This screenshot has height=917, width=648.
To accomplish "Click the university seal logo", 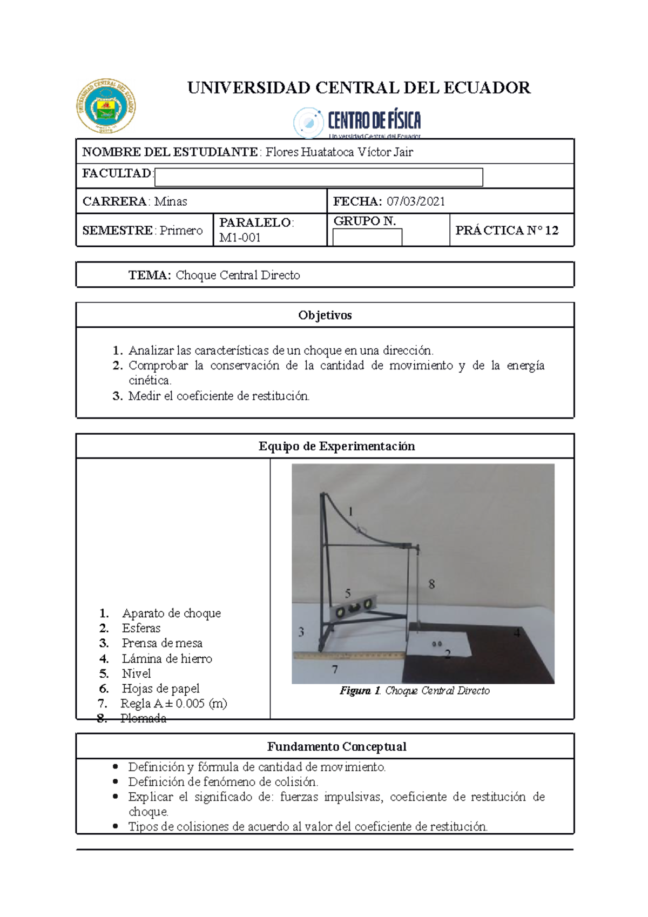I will coord(106,106).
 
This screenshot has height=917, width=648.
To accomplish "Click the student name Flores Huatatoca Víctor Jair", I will coord(339,152).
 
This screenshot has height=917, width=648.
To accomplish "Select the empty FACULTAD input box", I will coord(319,177).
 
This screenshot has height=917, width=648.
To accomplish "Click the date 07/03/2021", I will coord(416,201).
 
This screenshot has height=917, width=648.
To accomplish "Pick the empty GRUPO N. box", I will coord(367,237).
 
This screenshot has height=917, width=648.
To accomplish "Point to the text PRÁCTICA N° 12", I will coord(507,231).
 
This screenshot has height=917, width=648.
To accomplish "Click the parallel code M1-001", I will coord(240,238).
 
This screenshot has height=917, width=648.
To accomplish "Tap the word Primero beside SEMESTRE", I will coord(181,231).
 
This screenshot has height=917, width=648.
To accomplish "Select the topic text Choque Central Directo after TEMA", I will coord(238,275).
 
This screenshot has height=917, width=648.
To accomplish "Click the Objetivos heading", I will coord(325,315).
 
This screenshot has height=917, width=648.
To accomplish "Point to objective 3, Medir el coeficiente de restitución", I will coord(219,396).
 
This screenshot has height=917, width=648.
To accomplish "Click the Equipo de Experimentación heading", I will coord(336,446).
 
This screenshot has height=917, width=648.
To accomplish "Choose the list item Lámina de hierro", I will coord(167,658).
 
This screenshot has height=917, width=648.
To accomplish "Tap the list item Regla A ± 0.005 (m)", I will coord(173,703).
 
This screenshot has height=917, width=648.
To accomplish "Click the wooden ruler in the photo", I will coord(348,656).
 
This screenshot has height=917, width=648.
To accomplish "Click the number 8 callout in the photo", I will coord(431,584).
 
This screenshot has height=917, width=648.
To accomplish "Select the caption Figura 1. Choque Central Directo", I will coord(415,691).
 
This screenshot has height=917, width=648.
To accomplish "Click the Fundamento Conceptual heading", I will coord(336,747).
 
